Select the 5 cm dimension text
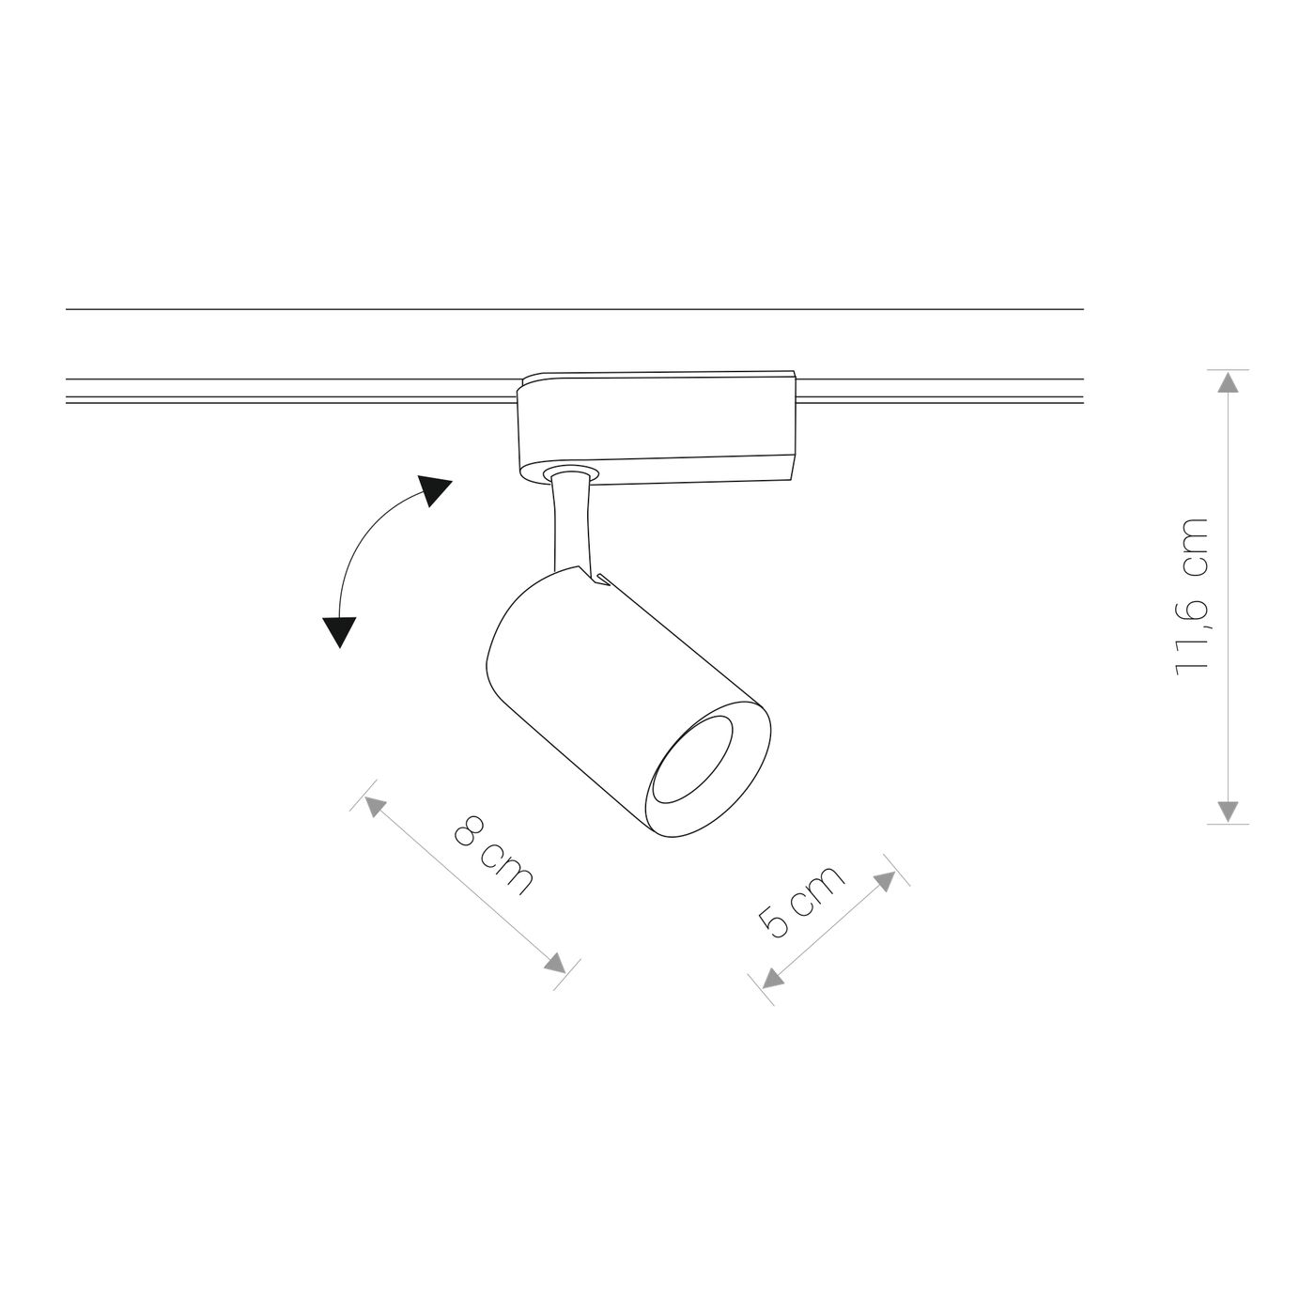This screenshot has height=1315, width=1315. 800,901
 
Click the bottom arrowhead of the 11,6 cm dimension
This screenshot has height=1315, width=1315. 1228,811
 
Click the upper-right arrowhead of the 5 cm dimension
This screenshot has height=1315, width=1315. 884,881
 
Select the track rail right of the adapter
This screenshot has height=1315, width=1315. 939,390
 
